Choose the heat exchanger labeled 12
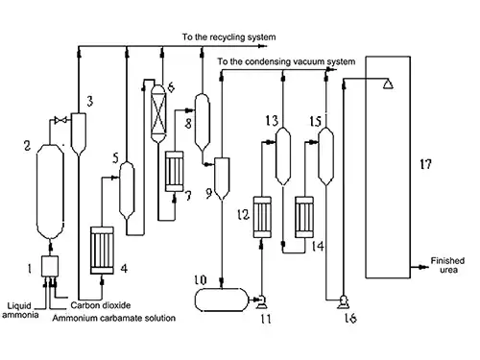click(262, 217)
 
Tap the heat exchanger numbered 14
click(306, 217)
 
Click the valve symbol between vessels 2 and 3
click(60, 120)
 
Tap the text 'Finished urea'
click(449, 263)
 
